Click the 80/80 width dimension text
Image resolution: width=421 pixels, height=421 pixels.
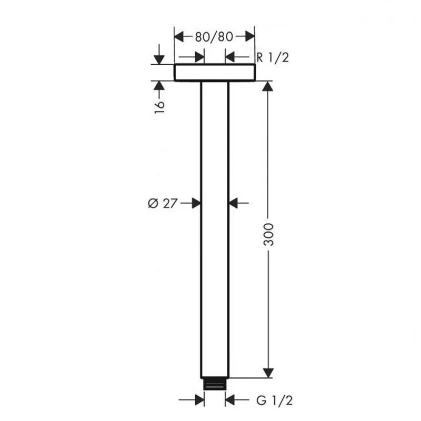pos(214,37)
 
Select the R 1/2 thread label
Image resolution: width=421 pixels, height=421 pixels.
pos(273,57)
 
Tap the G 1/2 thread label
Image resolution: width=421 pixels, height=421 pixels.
pos(274,400)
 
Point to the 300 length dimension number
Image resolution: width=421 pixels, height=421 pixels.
pos(268,234)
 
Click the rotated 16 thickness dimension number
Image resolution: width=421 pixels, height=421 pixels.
pos(159,107)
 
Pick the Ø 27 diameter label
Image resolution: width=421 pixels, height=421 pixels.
pos(163,203)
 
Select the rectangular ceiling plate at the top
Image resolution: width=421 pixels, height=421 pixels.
pos(215,72)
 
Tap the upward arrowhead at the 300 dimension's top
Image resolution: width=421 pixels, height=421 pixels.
pos(268,86)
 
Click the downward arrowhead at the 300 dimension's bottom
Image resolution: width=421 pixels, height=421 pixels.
pos(268,373)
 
